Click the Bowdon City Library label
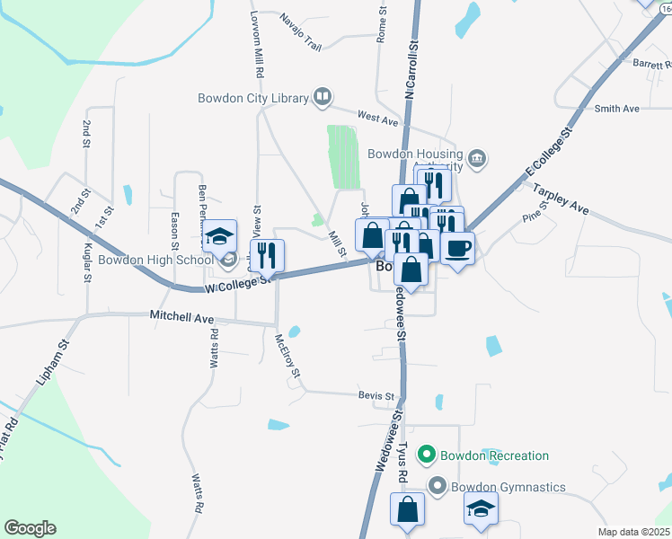click(252, 98)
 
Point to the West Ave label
click(377, 118)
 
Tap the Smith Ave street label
click(616, 109)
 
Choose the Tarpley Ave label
click(561, 199)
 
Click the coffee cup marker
click(457, 248)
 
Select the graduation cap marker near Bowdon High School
click(219, 237)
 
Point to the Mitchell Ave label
click(181, 318)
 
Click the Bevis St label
click(376, 395)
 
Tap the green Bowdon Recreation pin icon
click(429, 455)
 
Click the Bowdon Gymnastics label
click(508, 487)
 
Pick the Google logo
click(30, 528)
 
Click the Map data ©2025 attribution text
click(633, 532)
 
